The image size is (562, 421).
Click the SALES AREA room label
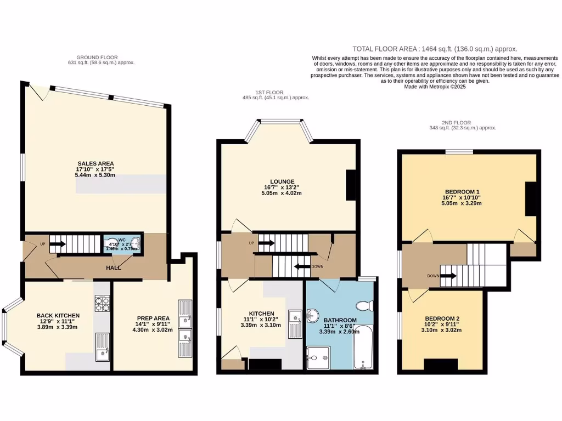pos(91,163)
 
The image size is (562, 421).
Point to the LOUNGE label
pos(282,181)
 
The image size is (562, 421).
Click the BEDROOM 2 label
pos(442,318)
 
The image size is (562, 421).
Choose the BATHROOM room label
pos(340,320)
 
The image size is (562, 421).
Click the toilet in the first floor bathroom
pos(364,305)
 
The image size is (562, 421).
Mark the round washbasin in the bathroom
pos(314,316)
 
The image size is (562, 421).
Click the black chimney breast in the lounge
pos(351,184)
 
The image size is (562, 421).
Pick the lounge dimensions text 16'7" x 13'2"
pos(282,187)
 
